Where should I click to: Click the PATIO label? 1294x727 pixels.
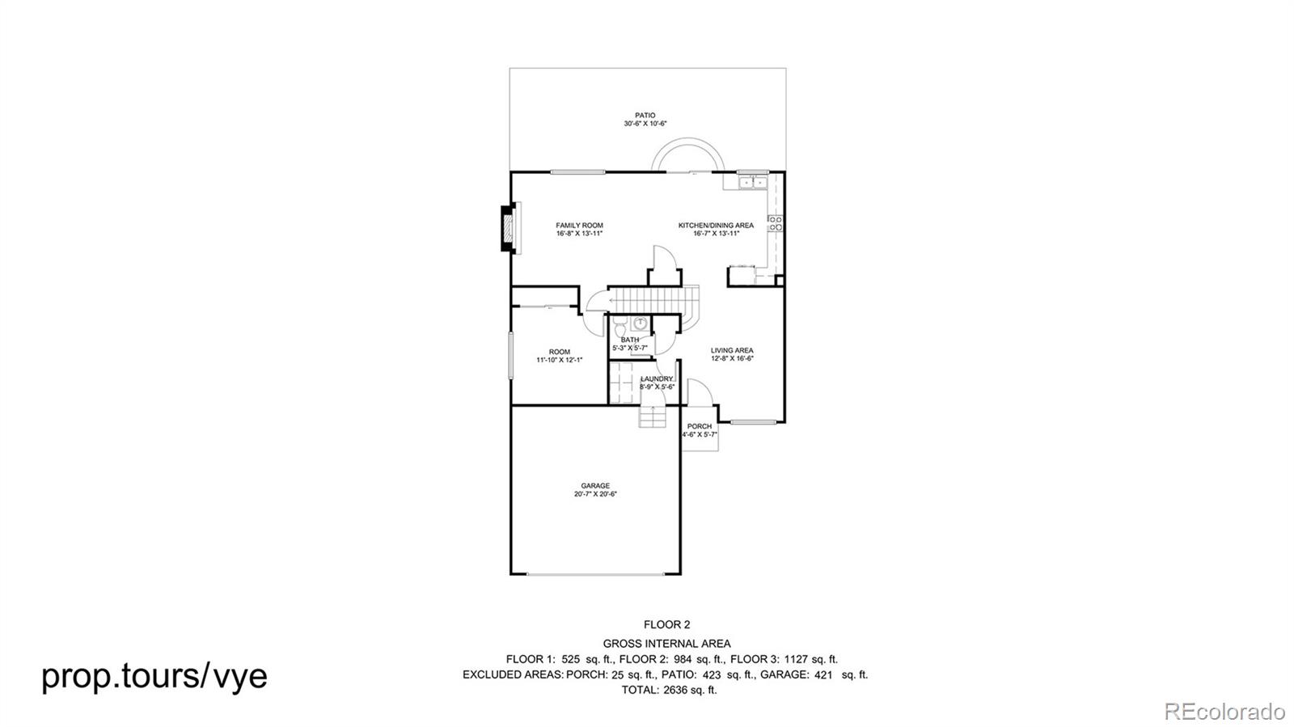click(x=645, y=116)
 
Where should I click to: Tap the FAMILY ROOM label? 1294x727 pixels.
click(x=579, y=226)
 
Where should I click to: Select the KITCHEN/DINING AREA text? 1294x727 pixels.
click(x=716, y=226)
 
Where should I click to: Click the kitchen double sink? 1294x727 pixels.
click(x=752, y=183)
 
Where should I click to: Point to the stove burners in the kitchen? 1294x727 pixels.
click(x=775, y=223)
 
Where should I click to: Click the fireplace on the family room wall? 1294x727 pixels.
click(x=509, y=231)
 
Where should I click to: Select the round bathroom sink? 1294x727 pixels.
click(x=640, y=323)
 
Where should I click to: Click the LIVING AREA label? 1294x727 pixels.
click(x=732, y=350)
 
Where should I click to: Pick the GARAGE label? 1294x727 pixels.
click(x=595, y=486)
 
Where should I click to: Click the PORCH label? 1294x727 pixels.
click(x=700, y=426)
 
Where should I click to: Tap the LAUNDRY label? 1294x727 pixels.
click(x=656, y=378)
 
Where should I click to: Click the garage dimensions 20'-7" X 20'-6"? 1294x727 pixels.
click(x=595, y=494)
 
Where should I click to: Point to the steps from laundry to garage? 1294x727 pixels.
click(x=651, y=416)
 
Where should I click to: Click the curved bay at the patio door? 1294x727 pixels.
click(x=687, y=155)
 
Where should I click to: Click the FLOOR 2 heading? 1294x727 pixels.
click(x=666, y=624)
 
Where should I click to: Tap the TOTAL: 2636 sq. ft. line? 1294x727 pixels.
click(x=668, y=690)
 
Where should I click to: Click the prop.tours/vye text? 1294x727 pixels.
click(x=154, y=675)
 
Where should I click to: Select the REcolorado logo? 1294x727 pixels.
click(x=1224, y=711)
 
